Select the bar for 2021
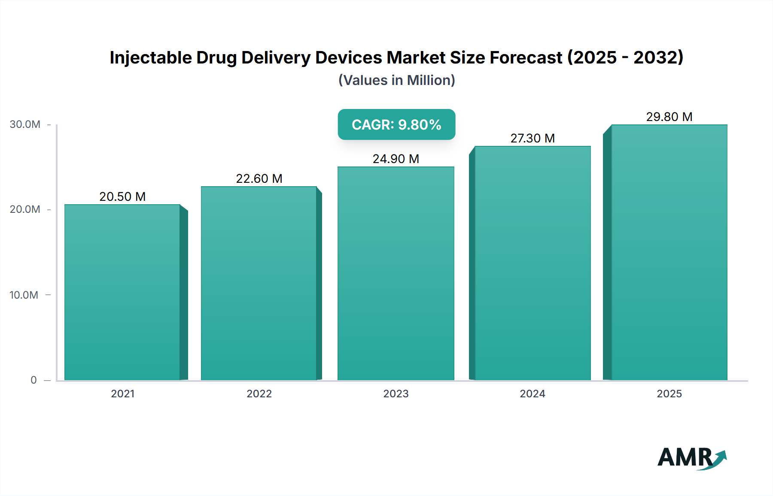pos(122,292)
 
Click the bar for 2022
pos(259,283)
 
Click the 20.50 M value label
pos(122,197)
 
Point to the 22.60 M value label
pos(259,178)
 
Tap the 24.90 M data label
pos(396,159)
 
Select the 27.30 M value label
pos(533,138)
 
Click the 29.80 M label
pos(669,117)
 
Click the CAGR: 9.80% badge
pos(396,124)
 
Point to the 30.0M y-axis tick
pos(25,124)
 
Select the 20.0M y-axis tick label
pos(25,209)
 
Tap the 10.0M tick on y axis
pos(24,295)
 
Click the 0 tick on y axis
pos(33,380)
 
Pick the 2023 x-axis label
pos(396,393)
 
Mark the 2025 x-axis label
pos(669,393)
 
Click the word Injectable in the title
pos(151,57)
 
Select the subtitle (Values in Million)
pos(396,80)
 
